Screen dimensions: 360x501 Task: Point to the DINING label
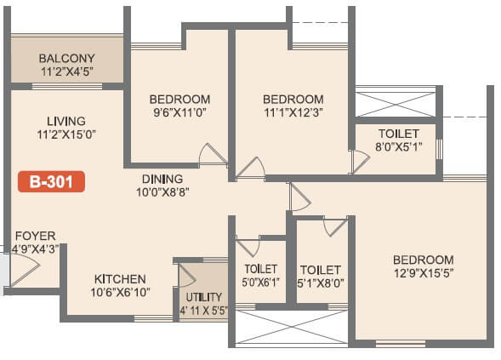(162, 179)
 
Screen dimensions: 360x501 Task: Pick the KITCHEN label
(120, 279)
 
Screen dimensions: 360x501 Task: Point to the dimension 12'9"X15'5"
(423, 273)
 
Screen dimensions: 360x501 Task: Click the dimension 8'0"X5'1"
(399, 146)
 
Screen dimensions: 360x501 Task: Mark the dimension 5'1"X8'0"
(321, 283)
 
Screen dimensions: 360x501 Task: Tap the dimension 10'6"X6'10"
(120, 293)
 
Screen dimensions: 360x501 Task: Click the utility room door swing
(187, 276)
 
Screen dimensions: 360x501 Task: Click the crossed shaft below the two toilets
(290, 327)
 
